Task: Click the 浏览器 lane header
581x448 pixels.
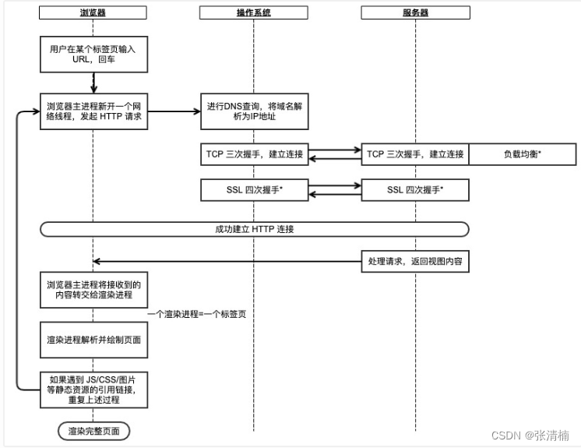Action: (x=93, y=13)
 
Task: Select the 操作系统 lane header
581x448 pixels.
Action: (x=254, y=13)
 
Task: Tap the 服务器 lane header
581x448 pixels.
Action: (x=414, y=13)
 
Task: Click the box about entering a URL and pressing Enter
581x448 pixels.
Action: (x=93, y=54)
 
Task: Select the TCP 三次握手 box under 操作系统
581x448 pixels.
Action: (x=254, y=154)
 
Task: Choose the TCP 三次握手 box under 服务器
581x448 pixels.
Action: (x=414, y=154)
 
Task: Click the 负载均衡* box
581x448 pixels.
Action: (x=523, y=154)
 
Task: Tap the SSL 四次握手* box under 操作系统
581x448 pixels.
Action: (x=254, y=190)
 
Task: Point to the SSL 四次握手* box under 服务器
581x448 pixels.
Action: (x=414, y=190)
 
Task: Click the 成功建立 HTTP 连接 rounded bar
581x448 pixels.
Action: (x=254, y=229)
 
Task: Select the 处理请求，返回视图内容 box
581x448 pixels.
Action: (x=414, y=262)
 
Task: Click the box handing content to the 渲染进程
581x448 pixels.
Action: (x=93, y=290)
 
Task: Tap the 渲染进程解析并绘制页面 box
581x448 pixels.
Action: (x=93, y=340)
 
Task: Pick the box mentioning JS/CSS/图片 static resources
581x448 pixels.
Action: (x=93, y=389)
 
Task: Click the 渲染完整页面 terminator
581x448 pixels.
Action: (x=93, y=430)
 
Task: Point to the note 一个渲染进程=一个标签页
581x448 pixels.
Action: (x=201, y=313)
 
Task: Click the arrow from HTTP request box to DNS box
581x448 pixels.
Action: (x=171, y=111)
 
